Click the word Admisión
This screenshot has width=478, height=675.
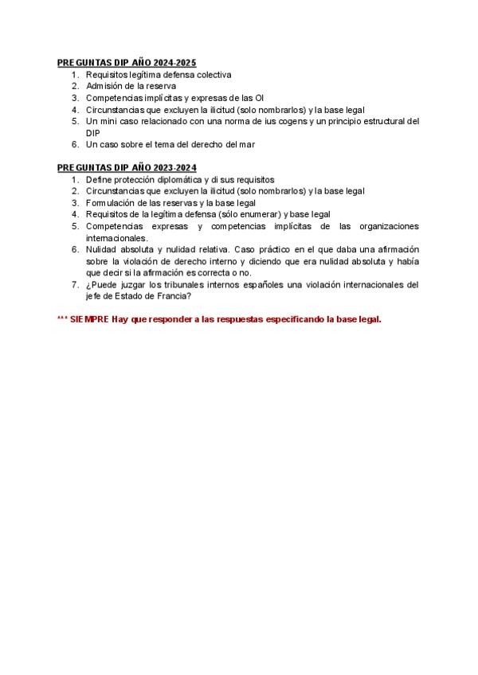click(x=103, y=86)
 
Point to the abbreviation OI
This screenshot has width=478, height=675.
click(x=259, y=98)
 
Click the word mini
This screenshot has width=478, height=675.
click(x=110, y=122)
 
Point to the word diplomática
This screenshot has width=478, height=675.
click(x=185, y=180)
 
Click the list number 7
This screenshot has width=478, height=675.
click(x=74, y=285)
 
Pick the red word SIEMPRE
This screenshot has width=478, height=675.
click(x=88, y=320)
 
